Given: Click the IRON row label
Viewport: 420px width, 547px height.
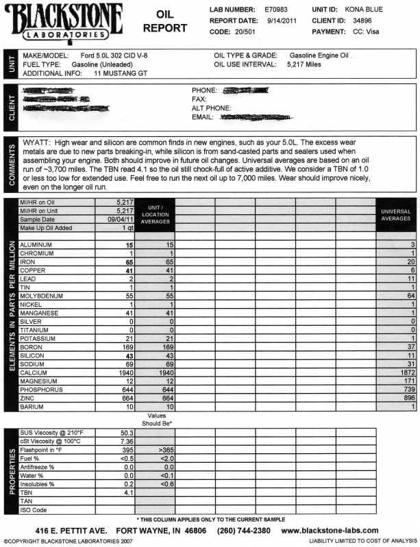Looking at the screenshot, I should pos(28,262).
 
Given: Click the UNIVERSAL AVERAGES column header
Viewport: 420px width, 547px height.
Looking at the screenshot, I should pos(395,215).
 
